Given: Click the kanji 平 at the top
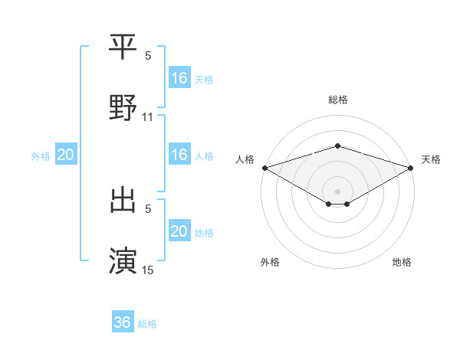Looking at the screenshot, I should pos(123,47).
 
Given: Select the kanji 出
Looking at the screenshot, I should pos(123,200).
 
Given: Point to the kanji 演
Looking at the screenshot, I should pos(123,260).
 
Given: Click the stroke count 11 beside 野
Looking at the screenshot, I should pos(148,117).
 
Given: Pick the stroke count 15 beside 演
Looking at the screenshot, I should pos(148,270).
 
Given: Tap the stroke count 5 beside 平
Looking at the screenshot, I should pos(148,56).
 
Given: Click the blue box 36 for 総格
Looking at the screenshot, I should pos(123,322).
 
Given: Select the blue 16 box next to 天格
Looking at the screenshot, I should pos(179,78).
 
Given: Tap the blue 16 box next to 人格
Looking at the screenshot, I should pos(179,155).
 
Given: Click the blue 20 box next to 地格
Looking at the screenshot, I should pos(179,231).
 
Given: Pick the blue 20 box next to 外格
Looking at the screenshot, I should pos(66,155).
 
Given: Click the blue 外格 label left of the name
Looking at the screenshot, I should pos(41,155).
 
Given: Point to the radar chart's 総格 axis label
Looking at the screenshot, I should pos(338,100).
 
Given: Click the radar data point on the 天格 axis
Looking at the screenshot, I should pos(412,167).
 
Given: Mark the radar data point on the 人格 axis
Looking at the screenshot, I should pos(264,167).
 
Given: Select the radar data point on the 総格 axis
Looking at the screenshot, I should pos(338,146).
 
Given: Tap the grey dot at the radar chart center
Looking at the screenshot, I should pos(338,191).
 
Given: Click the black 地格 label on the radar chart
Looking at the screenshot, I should pos(402,262).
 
